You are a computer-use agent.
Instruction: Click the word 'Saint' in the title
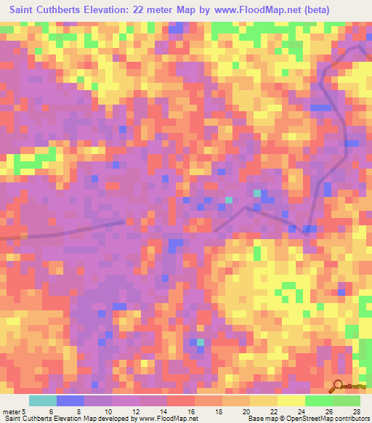click(x=25, y=10)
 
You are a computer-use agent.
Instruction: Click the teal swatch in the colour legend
click(x=43, y=400)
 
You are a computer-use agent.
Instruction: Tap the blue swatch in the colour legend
click(x=70, y=400)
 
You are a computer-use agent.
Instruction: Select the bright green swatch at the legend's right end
click(x=347, y=400)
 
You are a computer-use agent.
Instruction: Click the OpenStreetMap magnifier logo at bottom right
click(x=339, y=385)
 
